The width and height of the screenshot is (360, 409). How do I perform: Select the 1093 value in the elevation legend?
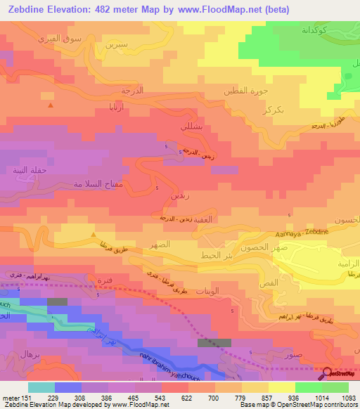pos(340,398)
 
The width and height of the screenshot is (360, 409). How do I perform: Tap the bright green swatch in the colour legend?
pos(309,387)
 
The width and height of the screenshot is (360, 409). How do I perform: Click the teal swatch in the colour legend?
pos(41,387)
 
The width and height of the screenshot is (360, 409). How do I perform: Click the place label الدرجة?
pos(132,91)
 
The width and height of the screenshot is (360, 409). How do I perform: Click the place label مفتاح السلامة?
pos(102,183)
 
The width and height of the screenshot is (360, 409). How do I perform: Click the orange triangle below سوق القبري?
pos(50,105)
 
